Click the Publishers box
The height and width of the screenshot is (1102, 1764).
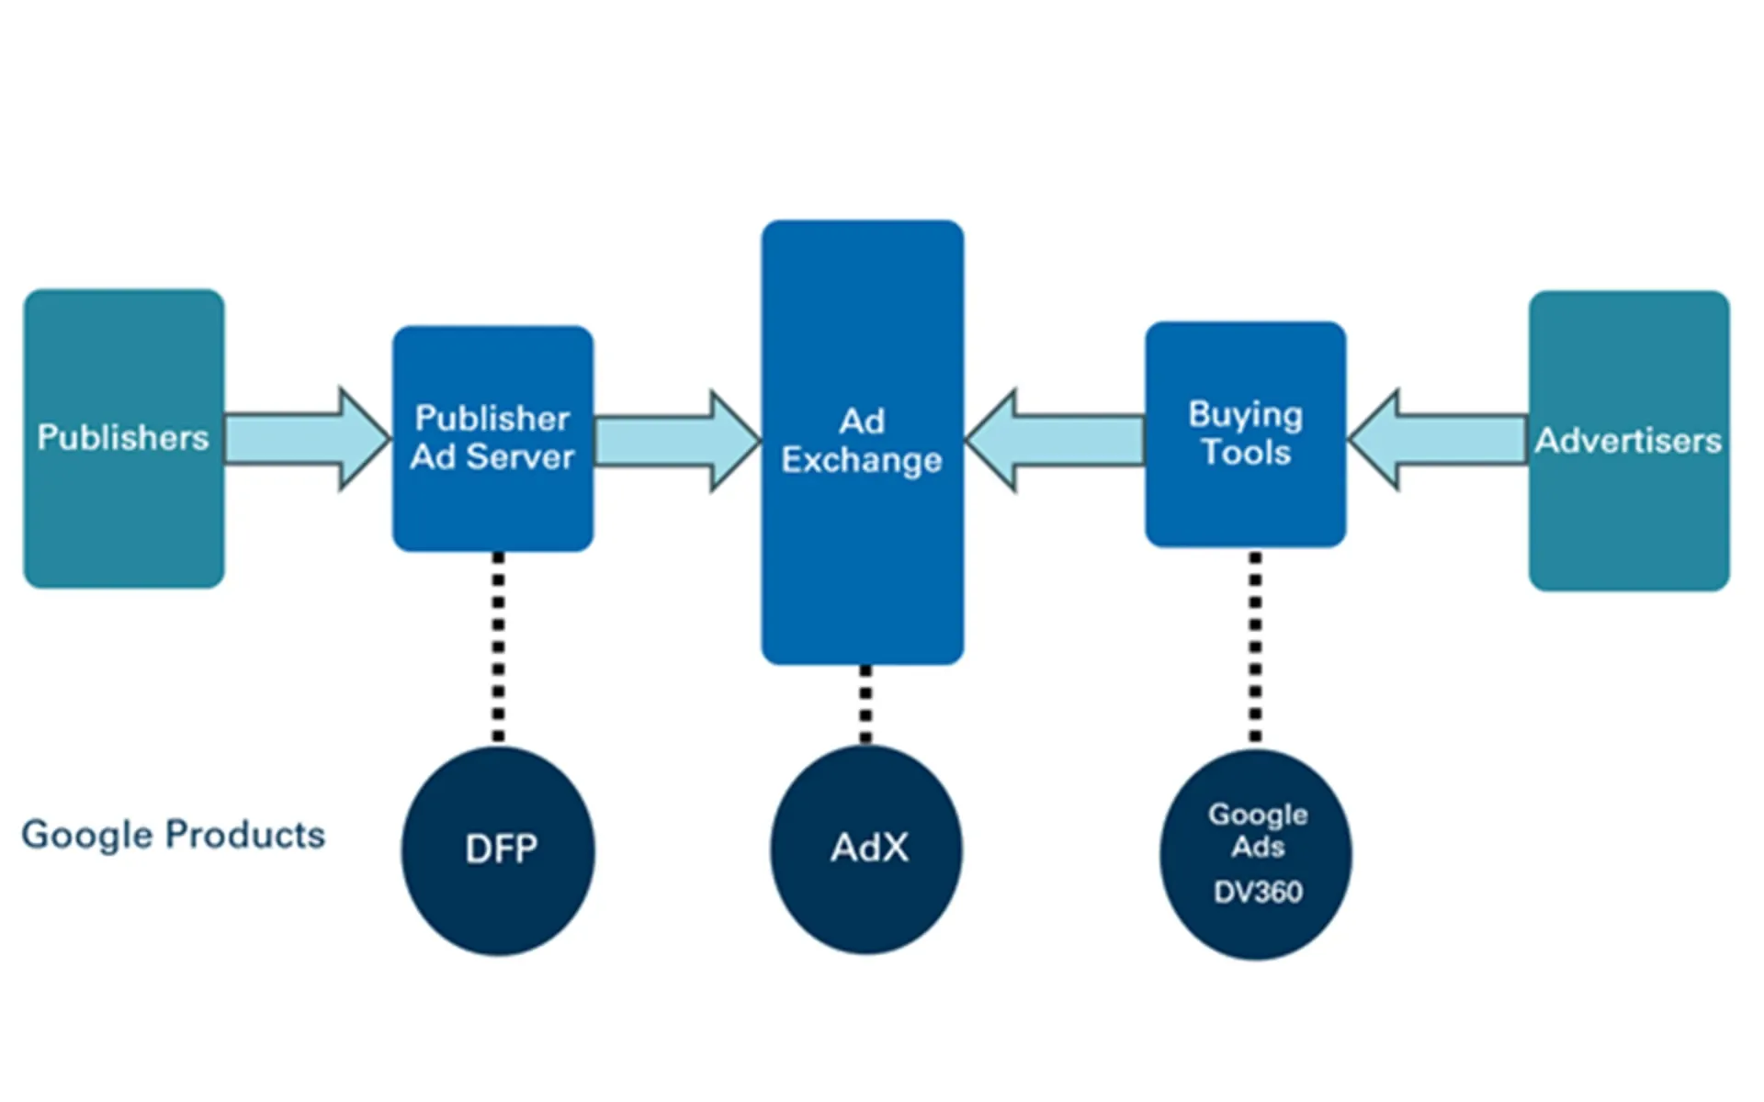click(x=123, y=439)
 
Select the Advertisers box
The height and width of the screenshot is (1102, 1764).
click(x=1628, y=441)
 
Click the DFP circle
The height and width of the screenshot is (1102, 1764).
click(x=498, y=850)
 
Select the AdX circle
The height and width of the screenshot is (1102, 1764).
click(x=865, y=849)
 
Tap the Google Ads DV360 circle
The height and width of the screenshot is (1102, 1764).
click(x=1256, y=854)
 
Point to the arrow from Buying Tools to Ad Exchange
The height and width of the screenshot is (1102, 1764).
click(x=1057, y=441)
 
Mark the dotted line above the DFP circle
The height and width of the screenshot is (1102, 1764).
click(x=498, y=647)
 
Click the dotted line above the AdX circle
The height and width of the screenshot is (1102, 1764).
click(x=865, y=703)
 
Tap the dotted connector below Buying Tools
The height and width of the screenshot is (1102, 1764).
click(x=1255, y=647)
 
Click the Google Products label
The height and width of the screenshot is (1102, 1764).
click(x=173, y=836)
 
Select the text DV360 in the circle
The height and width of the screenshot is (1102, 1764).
click(x=1258, y=892)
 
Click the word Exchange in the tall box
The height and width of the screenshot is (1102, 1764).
click(x=862, y=460)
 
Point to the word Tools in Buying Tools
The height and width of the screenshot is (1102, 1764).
click(x=1246, y=453)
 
